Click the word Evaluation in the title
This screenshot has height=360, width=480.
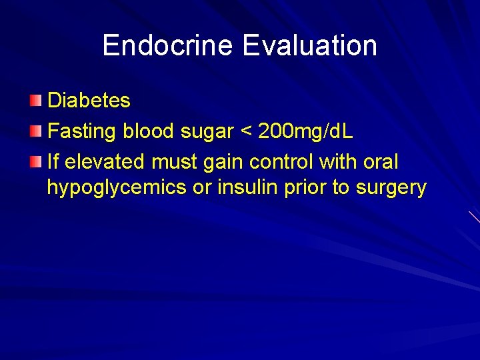tap(310, 45)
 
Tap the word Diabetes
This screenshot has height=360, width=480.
tap(89, 101)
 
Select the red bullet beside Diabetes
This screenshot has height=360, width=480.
tap(35, 101)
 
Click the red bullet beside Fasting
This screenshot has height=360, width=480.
tap(35, 131)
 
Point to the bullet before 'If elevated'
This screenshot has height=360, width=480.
tap(35, 162)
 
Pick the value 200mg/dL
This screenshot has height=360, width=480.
tap(306, 131)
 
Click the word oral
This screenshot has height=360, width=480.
tap(381, 162)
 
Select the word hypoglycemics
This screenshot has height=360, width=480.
tap(117, 189)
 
